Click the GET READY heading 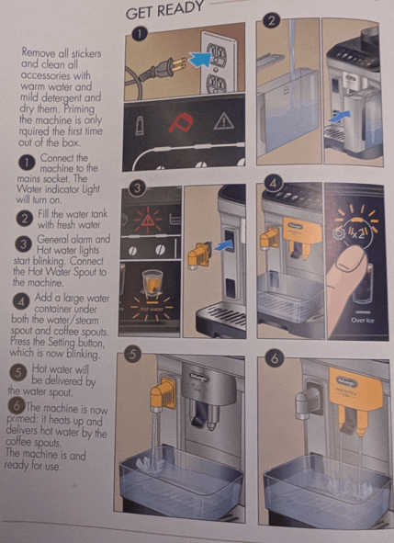coord(164,9)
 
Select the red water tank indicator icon coord(180,122)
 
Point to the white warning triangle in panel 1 coord(224,121)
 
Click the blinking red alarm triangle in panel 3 coord(149,219)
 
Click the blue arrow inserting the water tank coord(339,117)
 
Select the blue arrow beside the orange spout coord(222,246)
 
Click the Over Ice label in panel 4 coord(363,321)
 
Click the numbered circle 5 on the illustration coord(133,354)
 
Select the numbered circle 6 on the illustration coord(275,358)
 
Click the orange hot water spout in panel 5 coord(163,394)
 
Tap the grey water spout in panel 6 coord(310,401)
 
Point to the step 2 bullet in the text coord(25,219)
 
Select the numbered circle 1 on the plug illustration coord(140,34)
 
